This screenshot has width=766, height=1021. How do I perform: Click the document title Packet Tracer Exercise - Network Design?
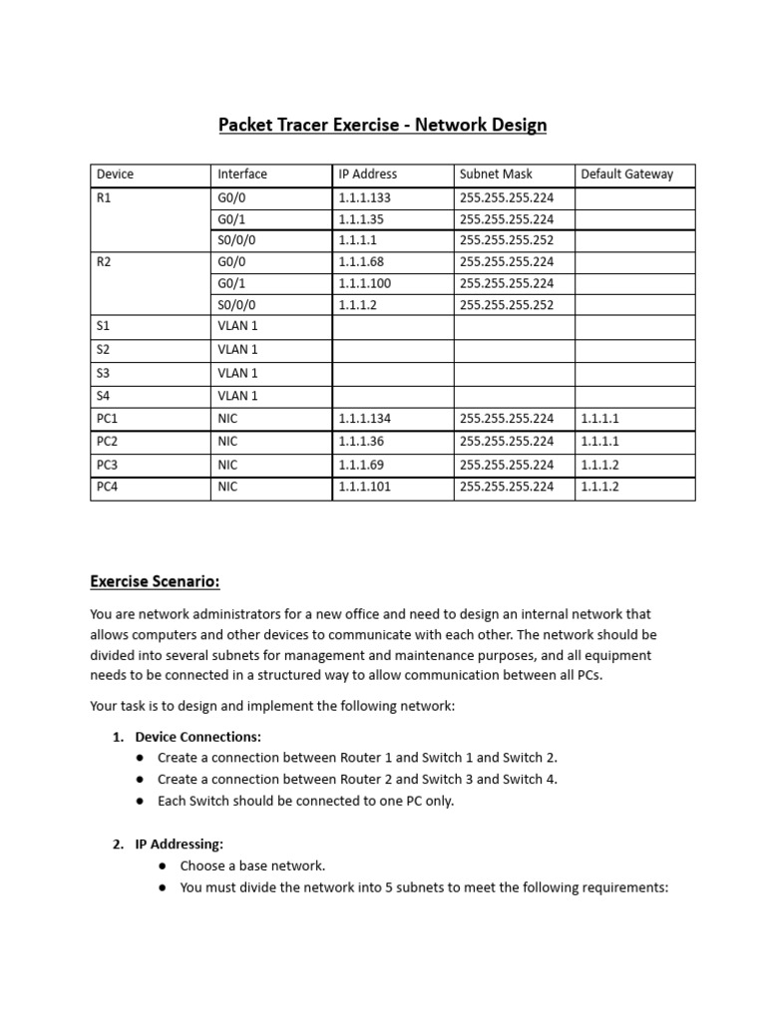coord(383,126)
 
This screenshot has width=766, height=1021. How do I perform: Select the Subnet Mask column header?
coord(496,173)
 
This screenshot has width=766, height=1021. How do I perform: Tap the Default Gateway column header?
coord(626,173)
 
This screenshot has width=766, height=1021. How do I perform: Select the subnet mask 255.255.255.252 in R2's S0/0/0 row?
coord(507,305)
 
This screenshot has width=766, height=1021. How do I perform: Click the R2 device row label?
coord(104,262)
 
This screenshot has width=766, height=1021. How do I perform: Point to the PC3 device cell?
coord(107,465)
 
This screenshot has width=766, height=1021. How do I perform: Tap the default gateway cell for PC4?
coord(600,488)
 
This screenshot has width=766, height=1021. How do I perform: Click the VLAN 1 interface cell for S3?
coord(237,373)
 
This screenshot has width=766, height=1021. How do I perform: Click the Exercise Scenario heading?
coord(155,581)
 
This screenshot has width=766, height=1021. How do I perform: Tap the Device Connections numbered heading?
coord(197,737)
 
